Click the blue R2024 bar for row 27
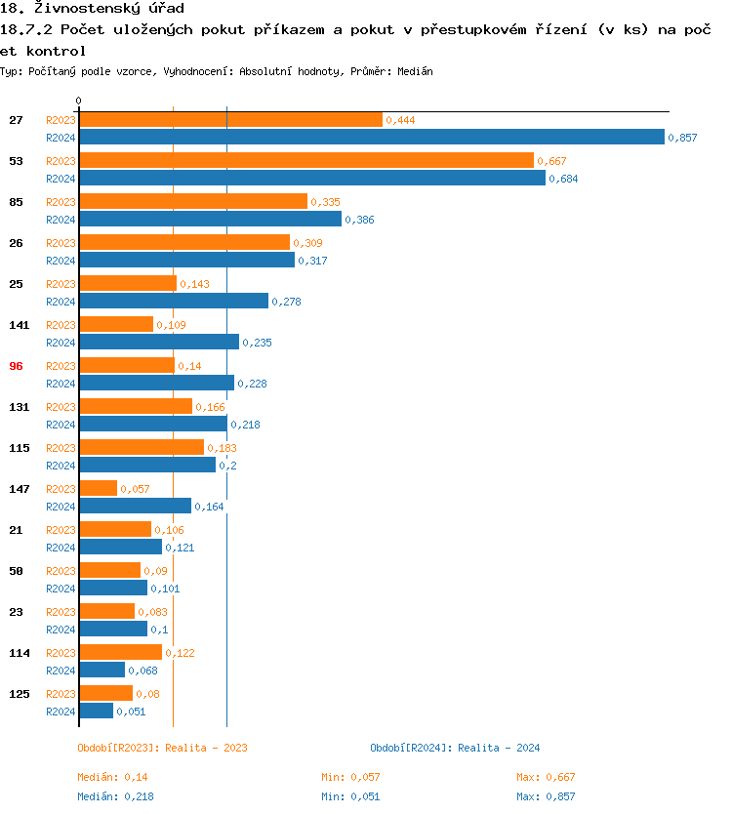371,138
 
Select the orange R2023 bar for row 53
306,160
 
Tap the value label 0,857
682,139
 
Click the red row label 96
16,365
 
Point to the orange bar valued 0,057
98,488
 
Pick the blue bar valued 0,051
96,711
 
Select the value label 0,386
359,221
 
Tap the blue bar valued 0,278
174,301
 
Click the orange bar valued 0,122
120,652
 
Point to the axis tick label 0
79,102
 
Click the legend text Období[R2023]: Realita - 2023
162,748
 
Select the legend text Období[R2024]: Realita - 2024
455,748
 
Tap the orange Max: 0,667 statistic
546,777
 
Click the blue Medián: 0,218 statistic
112,796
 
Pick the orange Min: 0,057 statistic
350,777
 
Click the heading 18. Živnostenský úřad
93,9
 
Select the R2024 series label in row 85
61,220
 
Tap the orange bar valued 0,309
184,242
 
